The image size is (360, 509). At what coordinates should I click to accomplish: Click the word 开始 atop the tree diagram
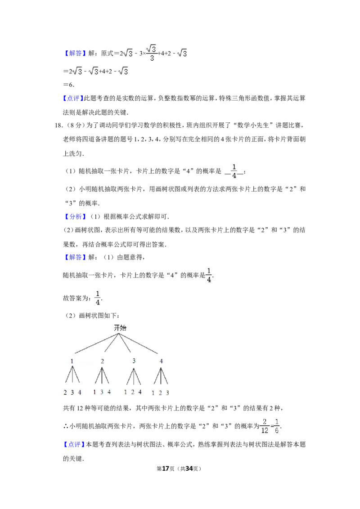[120, 328]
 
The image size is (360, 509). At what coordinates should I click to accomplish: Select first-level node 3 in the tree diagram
[134, 361]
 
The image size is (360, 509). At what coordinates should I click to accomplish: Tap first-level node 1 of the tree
[72, 361]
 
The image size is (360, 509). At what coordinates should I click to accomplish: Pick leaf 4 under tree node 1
[80, 393]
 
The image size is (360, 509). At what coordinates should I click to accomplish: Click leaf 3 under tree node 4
[167, 393]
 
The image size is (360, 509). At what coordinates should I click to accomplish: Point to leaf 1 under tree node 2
[94, 392]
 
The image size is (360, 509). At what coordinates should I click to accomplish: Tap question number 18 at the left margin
[58, 125]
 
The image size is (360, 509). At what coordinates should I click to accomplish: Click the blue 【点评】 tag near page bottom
[74, 444]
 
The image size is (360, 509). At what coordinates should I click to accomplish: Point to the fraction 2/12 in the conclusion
[265, 426]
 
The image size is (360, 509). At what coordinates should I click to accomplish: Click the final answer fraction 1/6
[277, 426]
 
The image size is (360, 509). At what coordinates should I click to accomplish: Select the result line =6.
[68, 85]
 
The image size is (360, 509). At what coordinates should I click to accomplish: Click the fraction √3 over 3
[152, 53]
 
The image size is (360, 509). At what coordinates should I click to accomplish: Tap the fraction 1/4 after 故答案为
[98, 298]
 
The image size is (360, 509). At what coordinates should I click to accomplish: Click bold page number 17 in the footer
[166, 469]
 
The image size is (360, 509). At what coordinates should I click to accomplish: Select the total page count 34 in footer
[189, 469]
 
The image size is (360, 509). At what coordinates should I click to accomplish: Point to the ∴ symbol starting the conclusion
[66, 426]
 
